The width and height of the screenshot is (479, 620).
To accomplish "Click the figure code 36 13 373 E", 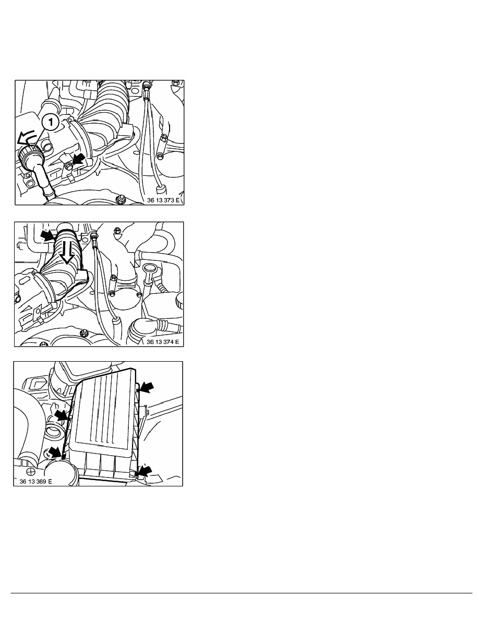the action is point(163,200).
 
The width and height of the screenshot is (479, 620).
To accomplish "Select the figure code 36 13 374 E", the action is point(162,342).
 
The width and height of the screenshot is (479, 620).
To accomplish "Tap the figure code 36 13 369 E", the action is point(35,481).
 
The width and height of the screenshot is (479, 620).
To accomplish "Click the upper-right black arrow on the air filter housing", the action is point(146,387).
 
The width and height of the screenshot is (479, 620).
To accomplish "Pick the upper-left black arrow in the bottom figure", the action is point(62,415).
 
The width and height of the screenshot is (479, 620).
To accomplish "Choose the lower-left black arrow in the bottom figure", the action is point(56,453).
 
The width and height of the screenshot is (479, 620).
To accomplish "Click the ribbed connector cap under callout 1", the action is point(28,158).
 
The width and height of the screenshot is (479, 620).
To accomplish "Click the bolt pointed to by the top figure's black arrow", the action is point(69,165).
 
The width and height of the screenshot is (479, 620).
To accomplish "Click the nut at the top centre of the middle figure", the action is point(117,230).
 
